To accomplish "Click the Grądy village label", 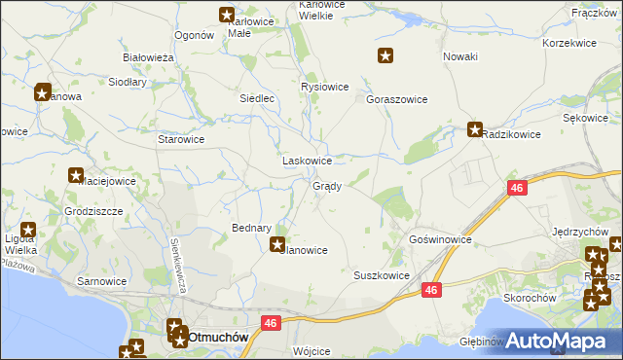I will tap(326, 186).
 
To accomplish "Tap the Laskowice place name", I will tap(307, 161).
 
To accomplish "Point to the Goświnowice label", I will tap(440, 238).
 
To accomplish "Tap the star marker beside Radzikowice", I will tap(475, 128).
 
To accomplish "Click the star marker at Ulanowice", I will tap(278, 245).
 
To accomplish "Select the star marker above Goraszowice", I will tap(385, 56).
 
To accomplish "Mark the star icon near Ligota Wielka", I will tap(28, 232).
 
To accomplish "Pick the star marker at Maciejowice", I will tap(75, 176).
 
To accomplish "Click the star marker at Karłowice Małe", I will tap(227, 16).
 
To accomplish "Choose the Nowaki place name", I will tap(459, 56).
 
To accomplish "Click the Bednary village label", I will tap(251, 228).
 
